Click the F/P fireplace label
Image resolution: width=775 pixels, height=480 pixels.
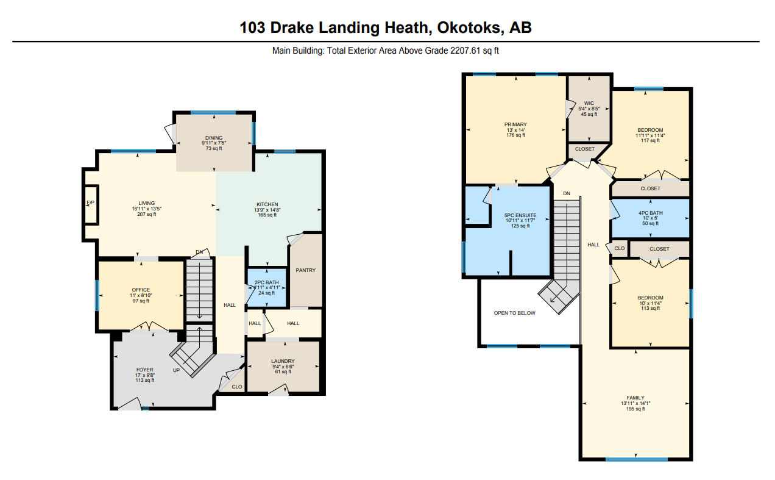pyautogui.click(x=90, y=202)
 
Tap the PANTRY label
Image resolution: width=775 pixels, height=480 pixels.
pyautogui.click(x=305, y=270)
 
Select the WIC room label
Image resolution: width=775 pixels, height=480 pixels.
pyautogui.click(x=589, y=103)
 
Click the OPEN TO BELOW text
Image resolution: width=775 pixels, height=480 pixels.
pyautogui.click(x=514, y=313)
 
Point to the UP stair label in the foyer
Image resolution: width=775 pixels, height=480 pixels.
pyautogui.click(x=177, y=370)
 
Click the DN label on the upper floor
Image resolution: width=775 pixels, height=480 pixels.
pyautogui.click(x=567, y=193)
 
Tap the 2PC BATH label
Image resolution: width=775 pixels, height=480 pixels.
pyautogui.click(x=266, y=282)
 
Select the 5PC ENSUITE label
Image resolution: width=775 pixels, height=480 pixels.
pyautogui.click(x=520, y=215)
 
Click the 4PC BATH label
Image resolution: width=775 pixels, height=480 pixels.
pyautogui.click(x=651, y=213)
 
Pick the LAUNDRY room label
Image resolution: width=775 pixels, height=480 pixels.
pyautogui.click(x=283, y=361)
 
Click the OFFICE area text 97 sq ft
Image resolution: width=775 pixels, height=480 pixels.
pyautogui.click(x=141, y=301)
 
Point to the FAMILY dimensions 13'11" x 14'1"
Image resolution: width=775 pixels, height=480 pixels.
pyautogui.click(x=635, y=404)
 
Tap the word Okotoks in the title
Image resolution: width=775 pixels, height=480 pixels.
pyautogui.click(x=470, y=27)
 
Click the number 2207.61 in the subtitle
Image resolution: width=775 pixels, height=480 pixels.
pyautogui.click(x=465, y=51)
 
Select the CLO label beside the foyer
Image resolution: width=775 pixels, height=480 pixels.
pyautogui.click(x=237, y=387)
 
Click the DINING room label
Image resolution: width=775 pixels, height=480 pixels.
pyautogui.click(x=214, y=138)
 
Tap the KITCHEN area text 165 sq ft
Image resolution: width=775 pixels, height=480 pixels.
pyautogui.click(x=267, y=215)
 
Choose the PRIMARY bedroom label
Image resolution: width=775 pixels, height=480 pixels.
pyautogui.click(x=515, y=124)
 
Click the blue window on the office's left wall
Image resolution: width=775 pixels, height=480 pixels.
pyautogui.click(x=97, y=295)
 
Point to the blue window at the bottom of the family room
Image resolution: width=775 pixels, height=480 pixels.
pyautogui.click(x=637, y=459)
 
